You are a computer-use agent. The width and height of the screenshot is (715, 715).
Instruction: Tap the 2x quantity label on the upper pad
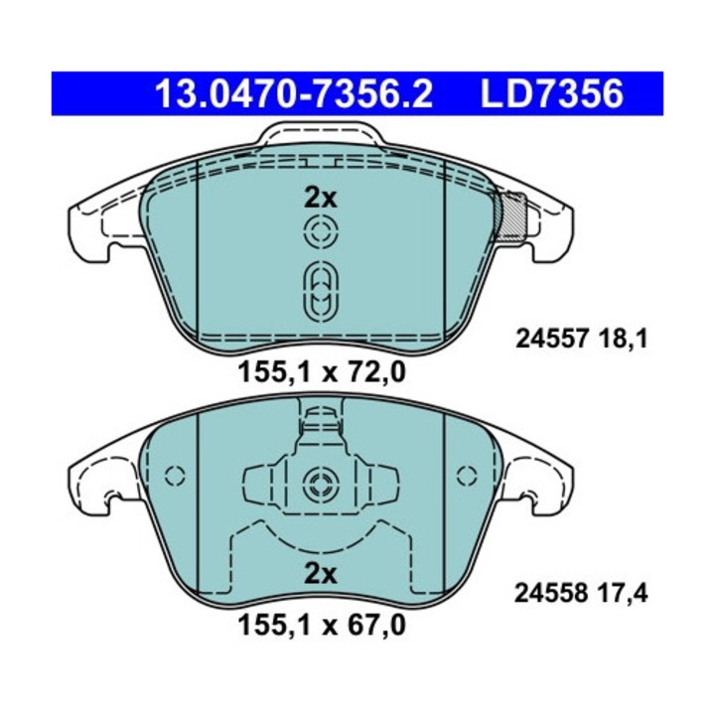click(321, 198)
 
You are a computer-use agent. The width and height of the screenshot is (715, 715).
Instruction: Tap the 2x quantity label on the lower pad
click(321, 573)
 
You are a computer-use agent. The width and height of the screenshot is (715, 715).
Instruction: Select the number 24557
click(549, 340)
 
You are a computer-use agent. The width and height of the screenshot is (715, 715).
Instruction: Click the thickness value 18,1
click(624, 340)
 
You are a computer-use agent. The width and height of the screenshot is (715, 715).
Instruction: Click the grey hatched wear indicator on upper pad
click(510, 215)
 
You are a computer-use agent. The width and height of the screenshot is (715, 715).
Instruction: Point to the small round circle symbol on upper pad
click(320, 235)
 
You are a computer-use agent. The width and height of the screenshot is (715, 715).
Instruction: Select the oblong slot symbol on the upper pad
click(320, 292)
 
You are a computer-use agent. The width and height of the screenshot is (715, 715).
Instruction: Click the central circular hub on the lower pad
click(320, 485)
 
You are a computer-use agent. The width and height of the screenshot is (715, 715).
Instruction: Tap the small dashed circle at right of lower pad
click(465, 475)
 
